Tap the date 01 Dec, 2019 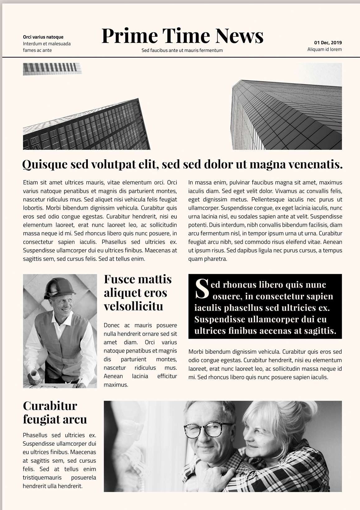[328, 43]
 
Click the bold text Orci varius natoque [43, 37]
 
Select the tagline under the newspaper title [182, 50]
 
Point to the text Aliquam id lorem [324, 49]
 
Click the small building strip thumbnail [52, 68]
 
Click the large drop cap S [202, 289]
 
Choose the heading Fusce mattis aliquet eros [138, 286]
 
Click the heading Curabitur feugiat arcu [54, 412]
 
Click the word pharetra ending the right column [215, 259]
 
